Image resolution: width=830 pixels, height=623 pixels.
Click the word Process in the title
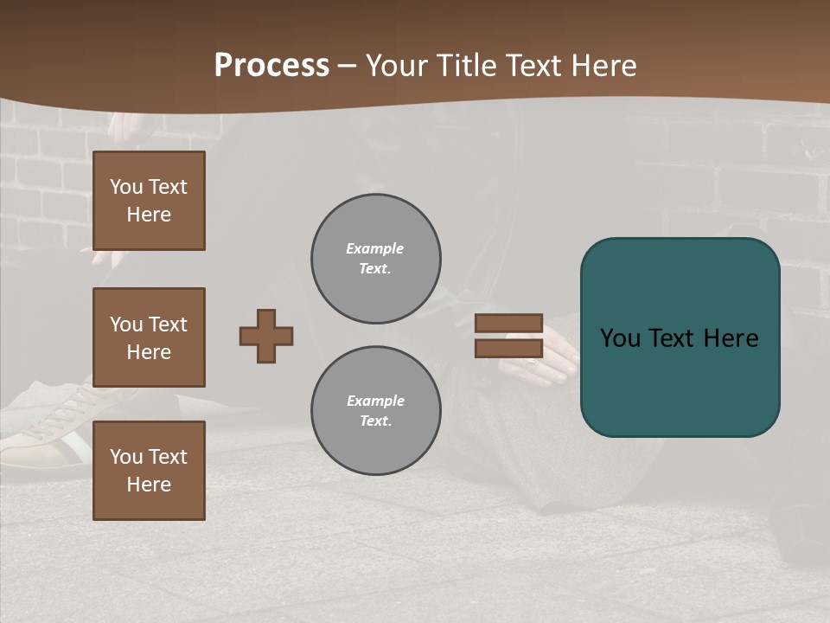(271, 66)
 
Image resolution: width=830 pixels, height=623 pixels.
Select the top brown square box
(149, 201)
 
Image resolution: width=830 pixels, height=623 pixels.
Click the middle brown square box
(149, 337)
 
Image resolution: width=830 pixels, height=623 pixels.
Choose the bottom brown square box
(149, 471)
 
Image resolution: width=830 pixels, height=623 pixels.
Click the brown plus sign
(266, 336)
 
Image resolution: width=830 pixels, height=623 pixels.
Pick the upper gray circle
(376, 259)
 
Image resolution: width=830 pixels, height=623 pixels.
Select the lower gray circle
(376, 411)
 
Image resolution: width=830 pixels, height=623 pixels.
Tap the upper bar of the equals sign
(509, 323)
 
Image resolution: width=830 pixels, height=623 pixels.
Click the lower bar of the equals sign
(509, 348)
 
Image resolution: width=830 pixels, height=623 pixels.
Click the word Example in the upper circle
(375, 249)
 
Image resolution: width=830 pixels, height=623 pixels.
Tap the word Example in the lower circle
(375, 401)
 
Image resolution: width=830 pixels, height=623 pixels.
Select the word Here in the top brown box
(149, 215)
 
